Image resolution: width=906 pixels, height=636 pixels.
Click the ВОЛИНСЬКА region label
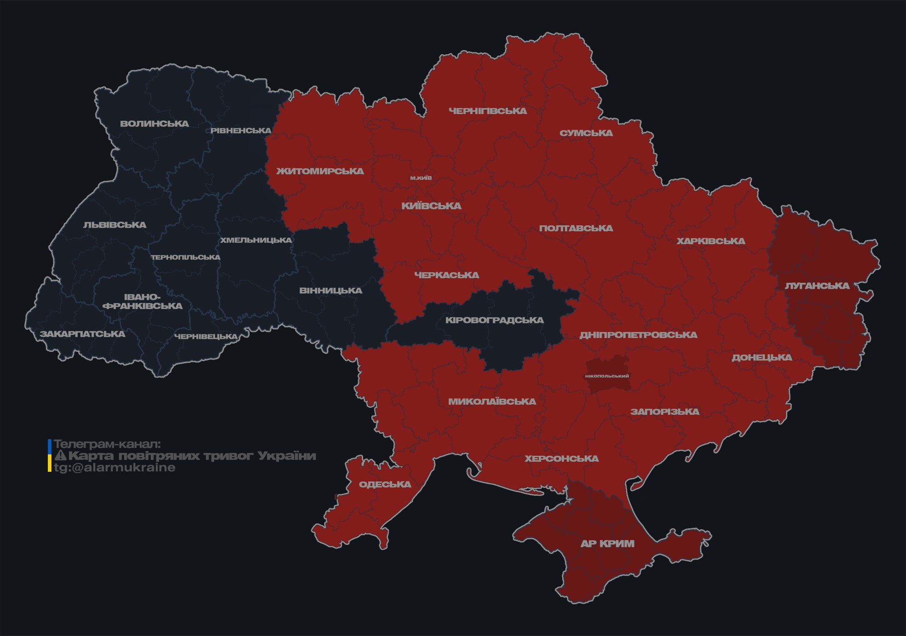[x=154, y=124]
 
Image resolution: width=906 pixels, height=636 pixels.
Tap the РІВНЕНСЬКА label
[x=241, y=131]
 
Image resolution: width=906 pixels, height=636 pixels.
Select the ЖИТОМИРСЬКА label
[x=320, y=171]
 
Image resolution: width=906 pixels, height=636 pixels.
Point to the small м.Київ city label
[x=421, y=178]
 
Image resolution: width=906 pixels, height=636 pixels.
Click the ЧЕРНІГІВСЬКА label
[x=488, y=111]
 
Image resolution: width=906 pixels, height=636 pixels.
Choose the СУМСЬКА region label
[x=586, y=133]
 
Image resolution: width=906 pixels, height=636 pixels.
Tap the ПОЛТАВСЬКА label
[x=576, y=228]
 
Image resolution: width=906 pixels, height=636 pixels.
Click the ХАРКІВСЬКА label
[x=711, y=241]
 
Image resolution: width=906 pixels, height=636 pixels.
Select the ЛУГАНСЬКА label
[x=817, y=286]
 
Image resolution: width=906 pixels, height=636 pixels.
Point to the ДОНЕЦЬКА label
[x=762, y=357]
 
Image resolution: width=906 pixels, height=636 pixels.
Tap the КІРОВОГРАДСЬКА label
[x=494, y=320]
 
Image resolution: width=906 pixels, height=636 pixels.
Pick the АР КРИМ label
[x=607, y=544]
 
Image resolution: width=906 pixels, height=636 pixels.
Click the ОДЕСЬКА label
[x=385, y=484]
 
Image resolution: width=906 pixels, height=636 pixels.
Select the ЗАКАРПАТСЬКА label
[x=82, y=334]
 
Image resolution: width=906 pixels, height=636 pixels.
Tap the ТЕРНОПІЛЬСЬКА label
[x=186, y=257]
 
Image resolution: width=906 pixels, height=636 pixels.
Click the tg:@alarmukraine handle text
[x=114, y=468]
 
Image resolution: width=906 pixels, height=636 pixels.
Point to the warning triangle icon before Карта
[x=60, y=456]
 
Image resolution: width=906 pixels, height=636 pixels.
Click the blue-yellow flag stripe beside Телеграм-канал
[x=50, y=455]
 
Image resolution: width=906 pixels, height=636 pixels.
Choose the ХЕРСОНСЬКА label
[x=562, y=458]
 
